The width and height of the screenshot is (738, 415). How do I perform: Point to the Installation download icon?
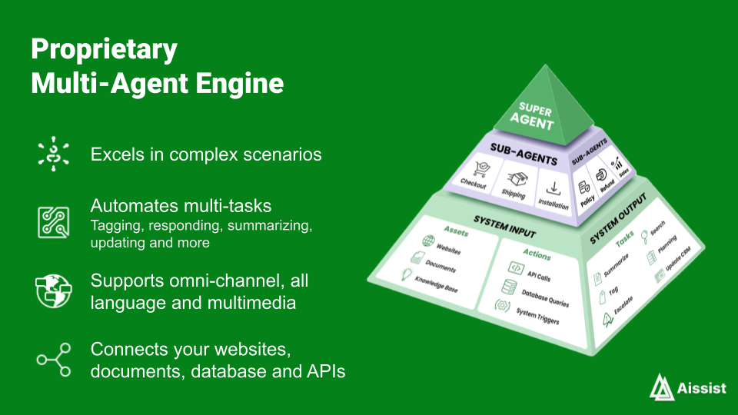tap(553, 188)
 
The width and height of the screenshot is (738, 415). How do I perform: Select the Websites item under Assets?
tap(448, 250)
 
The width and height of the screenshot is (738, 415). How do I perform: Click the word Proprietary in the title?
tap(104, 50)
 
